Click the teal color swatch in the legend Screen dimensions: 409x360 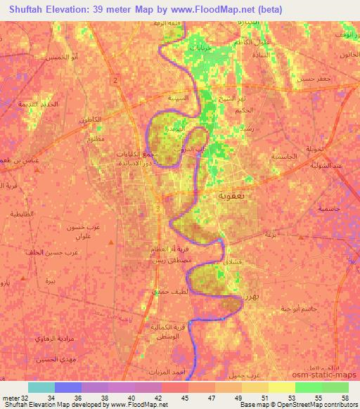tap(41, 387)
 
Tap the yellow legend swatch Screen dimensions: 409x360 tap(281, 387)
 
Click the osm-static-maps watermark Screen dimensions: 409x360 tap(326, 376)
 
